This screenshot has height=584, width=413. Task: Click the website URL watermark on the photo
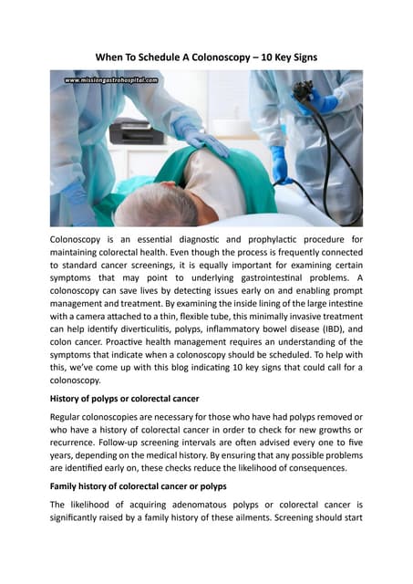coord(111,80)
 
